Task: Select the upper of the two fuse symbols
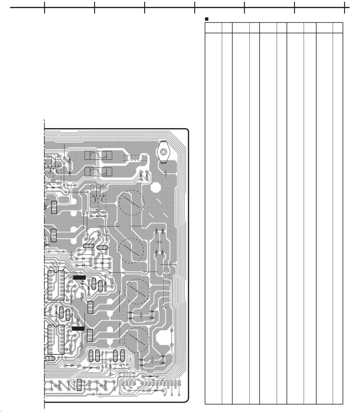pyautogui.click(x=98, y=155)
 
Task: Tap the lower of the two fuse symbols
pyautogui.click(x=98, y=172)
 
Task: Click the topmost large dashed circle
pyautogui.click(x=131, y=203)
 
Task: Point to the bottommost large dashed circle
pyautogui.click(x=137, y=340)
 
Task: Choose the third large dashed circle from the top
pyautogui.click(x=137, y=291)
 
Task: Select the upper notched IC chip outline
pyautogui.click(x=56, y=285)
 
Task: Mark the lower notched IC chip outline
pyautogui.click(x=56, y=339)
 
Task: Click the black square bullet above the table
pyautogui.click(x=207, y=19)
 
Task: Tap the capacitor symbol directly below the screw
pyautogui.click(x=165, y=173)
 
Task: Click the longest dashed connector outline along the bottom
pyautogui.click(x=161, y=383)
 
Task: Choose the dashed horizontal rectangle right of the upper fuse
pyautogui.click(x=135, y=158)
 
